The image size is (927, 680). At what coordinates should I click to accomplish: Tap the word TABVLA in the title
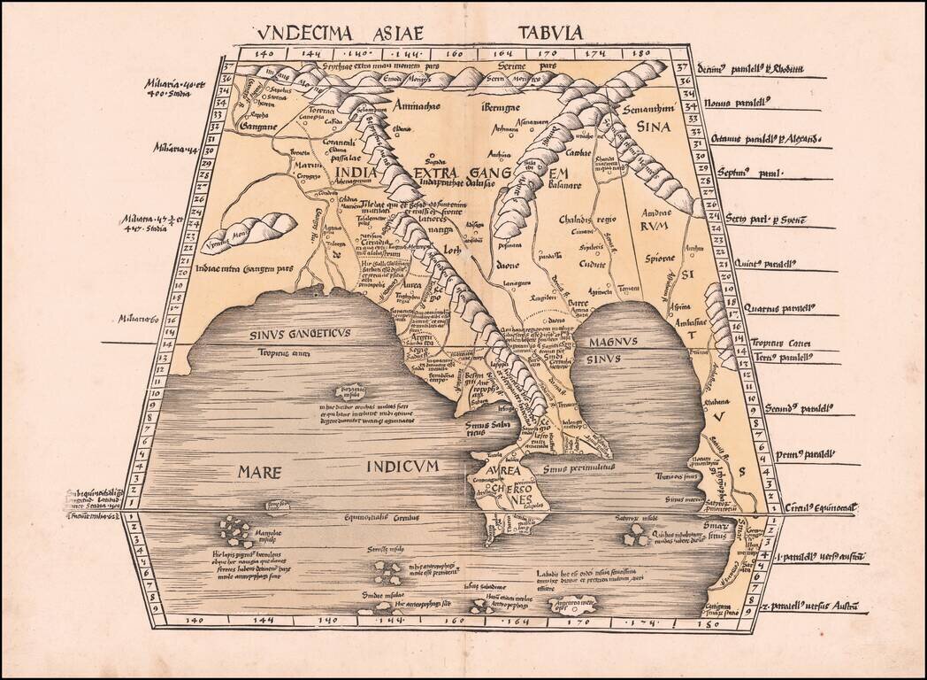[551, 33]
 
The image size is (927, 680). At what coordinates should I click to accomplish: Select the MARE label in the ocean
[259, 472]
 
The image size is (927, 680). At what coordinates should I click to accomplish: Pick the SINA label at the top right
[654, 127]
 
